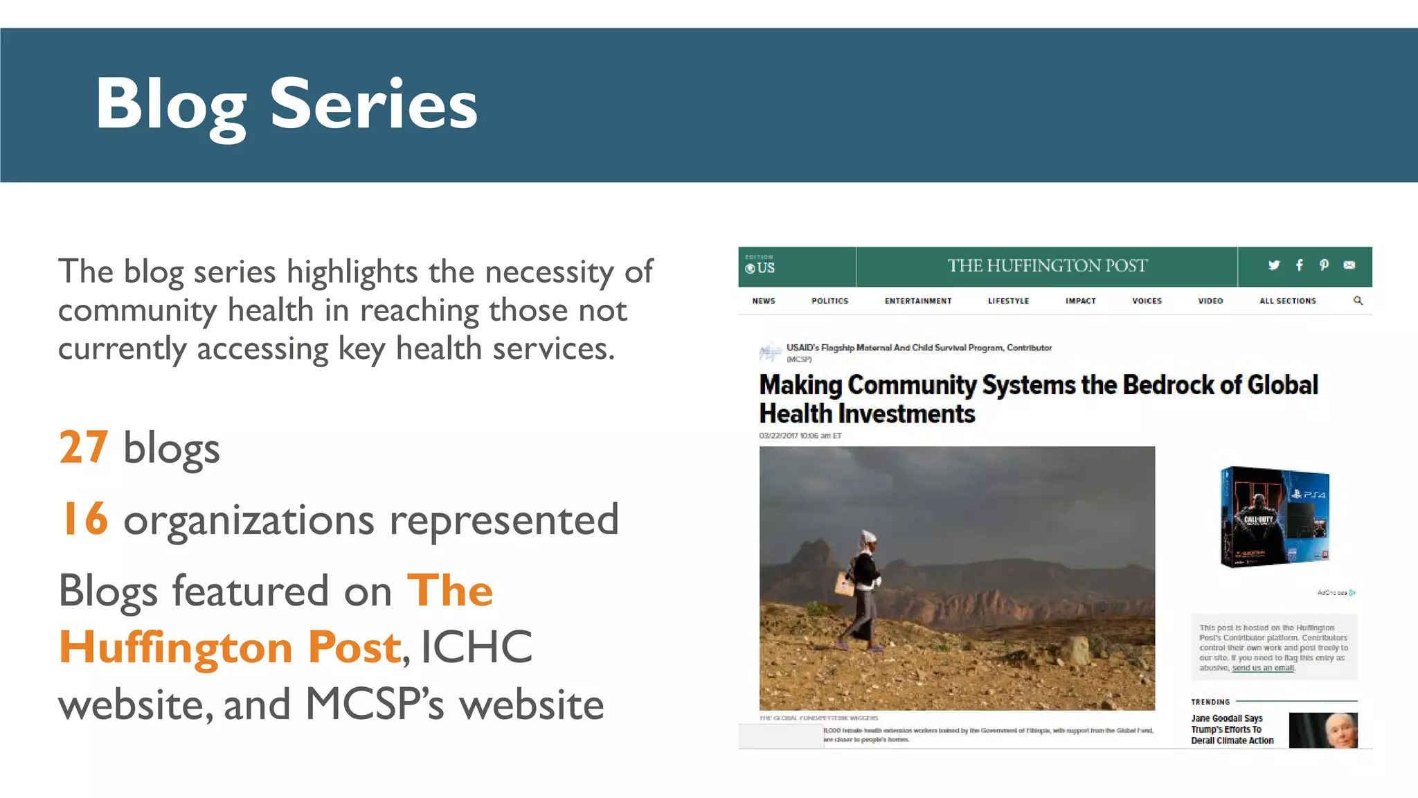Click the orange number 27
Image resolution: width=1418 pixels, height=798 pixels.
pos(84,447)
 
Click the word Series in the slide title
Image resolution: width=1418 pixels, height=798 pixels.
pos(373,105)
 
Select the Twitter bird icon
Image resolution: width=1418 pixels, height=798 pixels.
pos(1274,265)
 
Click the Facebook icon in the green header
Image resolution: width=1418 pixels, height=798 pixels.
pos(1300,265)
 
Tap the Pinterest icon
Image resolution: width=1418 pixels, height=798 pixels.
pos(1324,265)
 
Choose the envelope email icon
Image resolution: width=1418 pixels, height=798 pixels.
pos(1349,265)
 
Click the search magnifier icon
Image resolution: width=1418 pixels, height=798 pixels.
pos(1358,301)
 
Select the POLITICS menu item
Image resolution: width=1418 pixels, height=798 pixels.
pos(829,301)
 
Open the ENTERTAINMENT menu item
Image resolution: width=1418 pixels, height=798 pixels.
pos(918,301)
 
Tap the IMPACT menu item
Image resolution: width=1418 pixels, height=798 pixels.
pos(1080,301)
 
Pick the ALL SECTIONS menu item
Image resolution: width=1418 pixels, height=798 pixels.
pos(1287,301)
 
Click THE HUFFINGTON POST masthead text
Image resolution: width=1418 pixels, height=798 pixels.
pos(1047,266)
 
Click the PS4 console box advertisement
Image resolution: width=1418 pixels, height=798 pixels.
pos(1275,517)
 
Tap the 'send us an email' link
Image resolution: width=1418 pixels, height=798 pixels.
pos(1263,668)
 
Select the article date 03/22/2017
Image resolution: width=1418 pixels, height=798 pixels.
pos(778,436)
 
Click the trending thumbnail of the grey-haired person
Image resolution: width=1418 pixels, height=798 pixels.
pos(1323,730)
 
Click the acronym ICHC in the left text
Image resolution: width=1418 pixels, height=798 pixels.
pos(476,648)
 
